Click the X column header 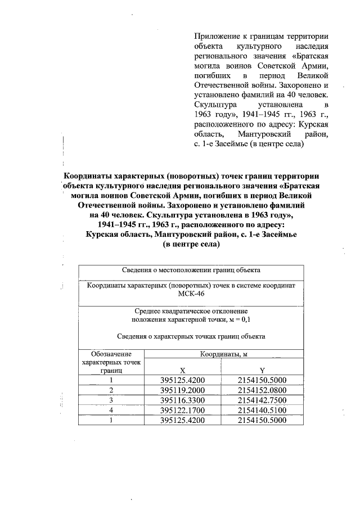pyautogui.click(x=182, y=371)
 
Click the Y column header pyautogui.click(x=262, y=371)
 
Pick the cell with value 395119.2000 pyautogui.click(x=182, y=390)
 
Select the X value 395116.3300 pyautogui.click(x=182, y=400)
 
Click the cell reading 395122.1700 pyautogui.click(x=182, y=410)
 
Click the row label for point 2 pyautogui.click(x=111, y=390)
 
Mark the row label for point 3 pyautogui.click(x=111, y=400)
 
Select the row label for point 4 pyautogui.click(x=111, y=410)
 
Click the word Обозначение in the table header pyautogui.click(x=111, y=354)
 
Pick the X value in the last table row pyautogui.click(x=182, y=420)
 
